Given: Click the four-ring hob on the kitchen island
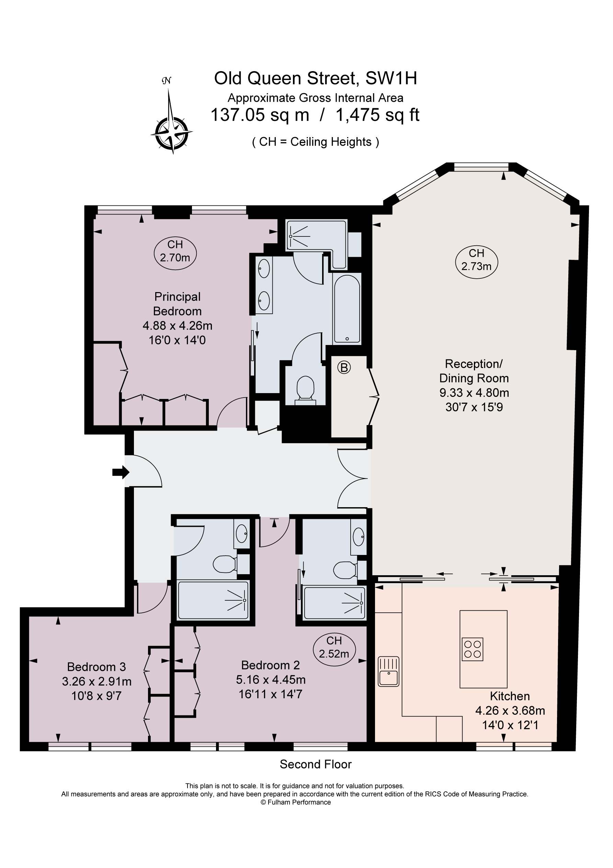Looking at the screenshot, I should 473,649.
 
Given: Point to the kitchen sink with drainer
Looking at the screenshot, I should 389,671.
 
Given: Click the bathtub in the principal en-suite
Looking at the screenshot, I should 347,309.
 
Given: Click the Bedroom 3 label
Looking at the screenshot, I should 97,667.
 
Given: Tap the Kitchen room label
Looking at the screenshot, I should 510,696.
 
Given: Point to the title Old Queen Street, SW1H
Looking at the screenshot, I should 316,79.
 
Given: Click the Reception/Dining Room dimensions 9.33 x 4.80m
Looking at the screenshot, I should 474,393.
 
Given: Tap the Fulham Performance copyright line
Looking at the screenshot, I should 296,802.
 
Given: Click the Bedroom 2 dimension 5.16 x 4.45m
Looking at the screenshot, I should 271,679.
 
